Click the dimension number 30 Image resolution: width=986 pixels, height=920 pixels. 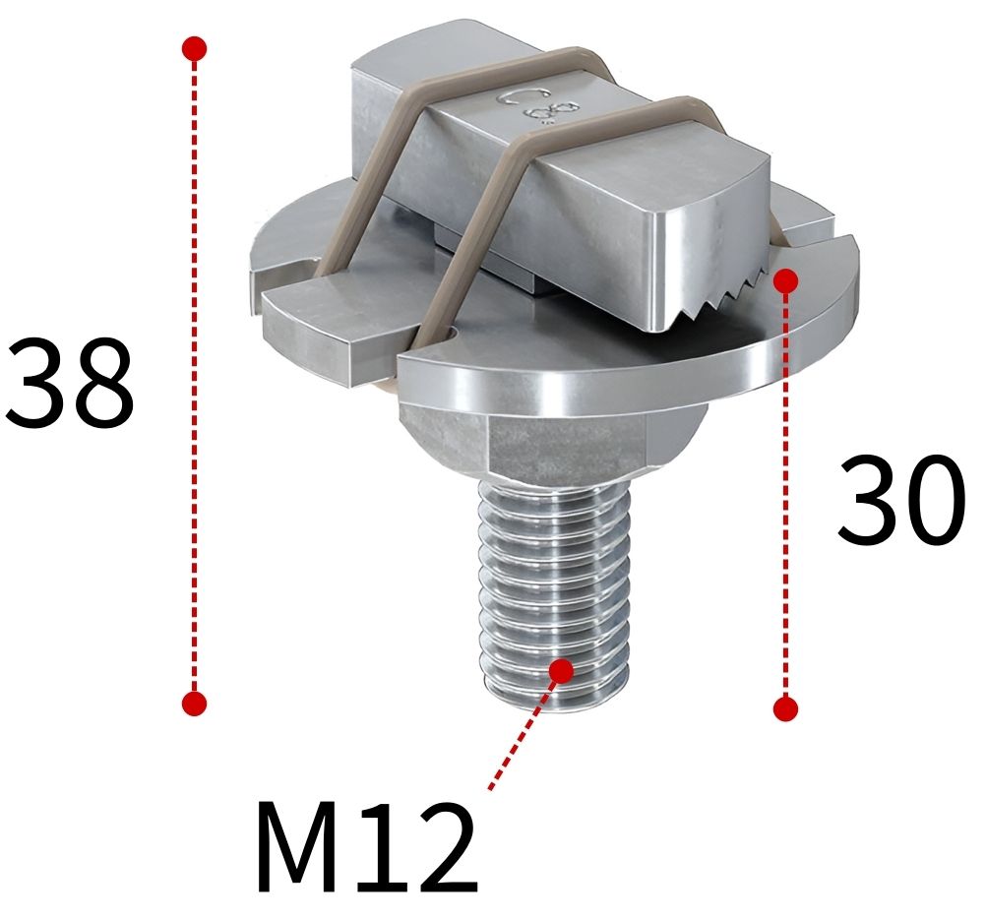[x=899, y=501]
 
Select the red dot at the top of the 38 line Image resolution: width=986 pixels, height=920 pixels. [x=195, y=47]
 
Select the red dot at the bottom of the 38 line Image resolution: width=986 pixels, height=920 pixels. [x=195, y=703]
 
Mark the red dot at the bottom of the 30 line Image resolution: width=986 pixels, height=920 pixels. [x=784, y=708]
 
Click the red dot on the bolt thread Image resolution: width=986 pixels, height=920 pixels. [x=561, y=670]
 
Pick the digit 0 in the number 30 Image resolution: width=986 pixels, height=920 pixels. [x=933, y=501]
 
